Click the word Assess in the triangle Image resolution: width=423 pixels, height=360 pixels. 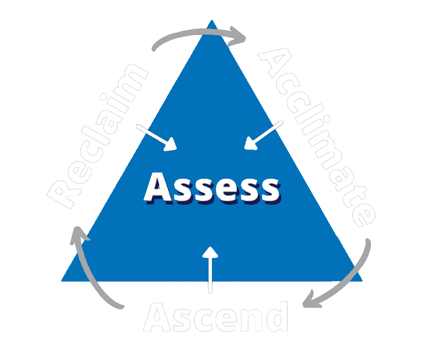211,189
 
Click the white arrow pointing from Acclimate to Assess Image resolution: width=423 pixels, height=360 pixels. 264,135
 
